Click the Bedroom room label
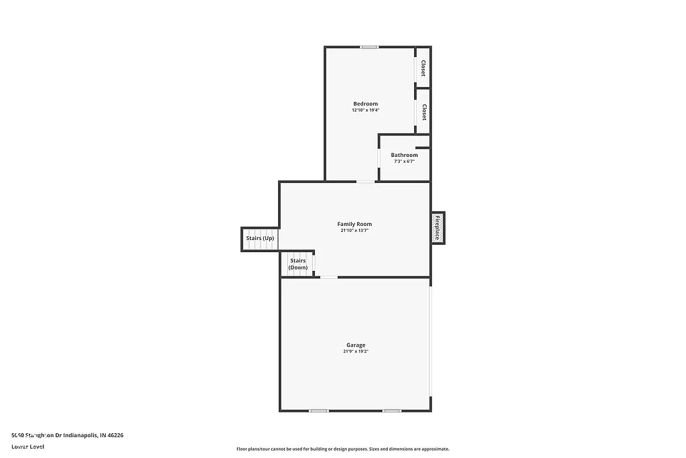(x=365, y=104)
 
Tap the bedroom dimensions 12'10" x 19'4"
(x=365, y=111)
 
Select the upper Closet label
(x=423, y=68)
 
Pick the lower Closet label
(x=423, y=111)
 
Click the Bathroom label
(x=404, y=155)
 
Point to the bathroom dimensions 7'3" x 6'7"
(x=404, y=162)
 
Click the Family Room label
(x=354, y=224)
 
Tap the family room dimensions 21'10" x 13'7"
(x=354, y=231)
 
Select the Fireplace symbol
(x=437, y=228)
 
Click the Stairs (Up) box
(x=259, y=239)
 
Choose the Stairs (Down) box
(x=297, y=264)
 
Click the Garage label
(x=356, y=345)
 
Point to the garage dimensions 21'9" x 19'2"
(x=356, y=352)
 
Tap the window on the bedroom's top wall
(x=369, y=47)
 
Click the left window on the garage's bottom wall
(x=319, y=410)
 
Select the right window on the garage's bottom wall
(x=392, y=410)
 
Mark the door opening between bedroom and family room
(x=365, y=181)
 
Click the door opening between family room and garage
(x=329, y=277)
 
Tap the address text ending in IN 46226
(x=67, y=435)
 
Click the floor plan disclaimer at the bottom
(x=342, y=449)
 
